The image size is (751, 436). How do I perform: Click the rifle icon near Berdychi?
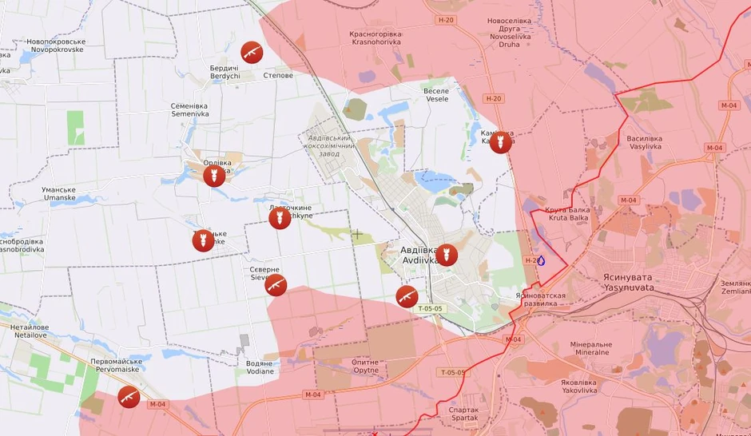click(252, 53)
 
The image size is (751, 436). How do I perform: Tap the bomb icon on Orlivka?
click(213, 175)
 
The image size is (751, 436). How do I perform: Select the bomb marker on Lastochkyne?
click(279, 217)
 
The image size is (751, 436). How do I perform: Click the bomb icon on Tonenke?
click(204, 240)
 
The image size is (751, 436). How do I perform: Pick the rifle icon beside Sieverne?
click(276, 285)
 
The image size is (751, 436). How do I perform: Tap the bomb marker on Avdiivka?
click(447, 255)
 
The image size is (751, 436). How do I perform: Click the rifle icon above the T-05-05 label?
click(407, 296)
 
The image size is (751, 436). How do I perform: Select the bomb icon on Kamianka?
click(501, 143)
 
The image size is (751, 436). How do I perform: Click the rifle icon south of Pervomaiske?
click(128, 396)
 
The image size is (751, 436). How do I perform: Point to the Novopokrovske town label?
click(55, 45)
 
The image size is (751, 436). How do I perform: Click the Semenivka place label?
click(190, 109)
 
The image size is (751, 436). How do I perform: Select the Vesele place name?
click(436, 94)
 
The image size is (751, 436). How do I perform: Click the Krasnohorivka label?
click(376, 39)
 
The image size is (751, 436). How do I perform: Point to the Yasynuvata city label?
click(629, 281)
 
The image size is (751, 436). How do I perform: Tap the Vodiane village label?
click(260, 367)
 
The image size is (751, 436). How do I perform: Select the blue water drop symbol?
click(541, 260)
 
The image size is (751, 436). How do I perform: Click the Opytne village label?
click(365, 367)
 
